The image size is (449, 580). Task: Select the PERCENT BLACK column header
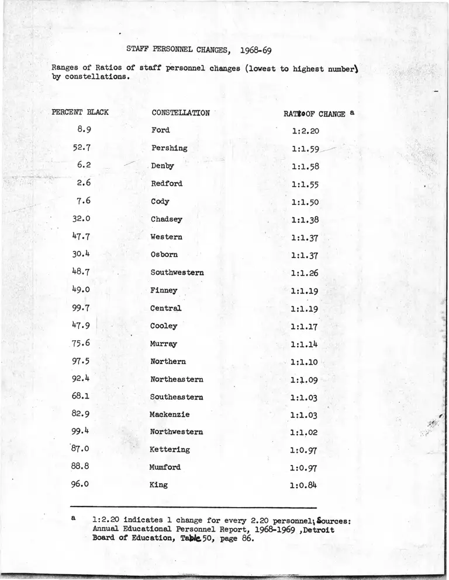click(x=80, y=111)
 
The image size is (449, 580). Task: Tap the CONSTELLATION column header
click(x=180, y=113)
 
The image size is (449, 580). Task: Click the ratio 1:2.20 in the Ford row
click(x=305, y=131)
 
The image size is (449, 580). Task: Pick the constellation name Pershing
click(x=169, y=148)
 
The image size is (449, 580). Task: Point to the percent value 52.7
click(x=81, y=148)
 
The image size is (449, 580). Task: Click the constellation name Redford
click(x=167, y=183)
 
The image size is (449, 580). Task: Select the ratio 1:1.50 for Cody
click(x=305, y=202)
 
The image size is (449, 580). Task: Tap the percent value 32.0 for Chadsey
click(x=81, y=219)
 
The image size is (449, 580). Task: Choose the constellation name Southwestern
click(x=177, y=272)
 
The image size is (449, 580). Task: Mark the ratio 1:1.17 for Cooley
click(x=304, y=327)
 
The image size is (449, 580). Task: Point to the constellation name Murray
click(x=164, y=344)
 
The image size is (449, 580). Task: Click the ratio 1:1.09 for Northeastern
click(x=304, y=380)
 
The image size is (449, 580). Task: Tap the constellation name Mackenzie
click(x=170, y=414)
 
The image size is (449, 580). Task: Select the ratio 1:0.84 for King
click(x=304, y=485)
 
